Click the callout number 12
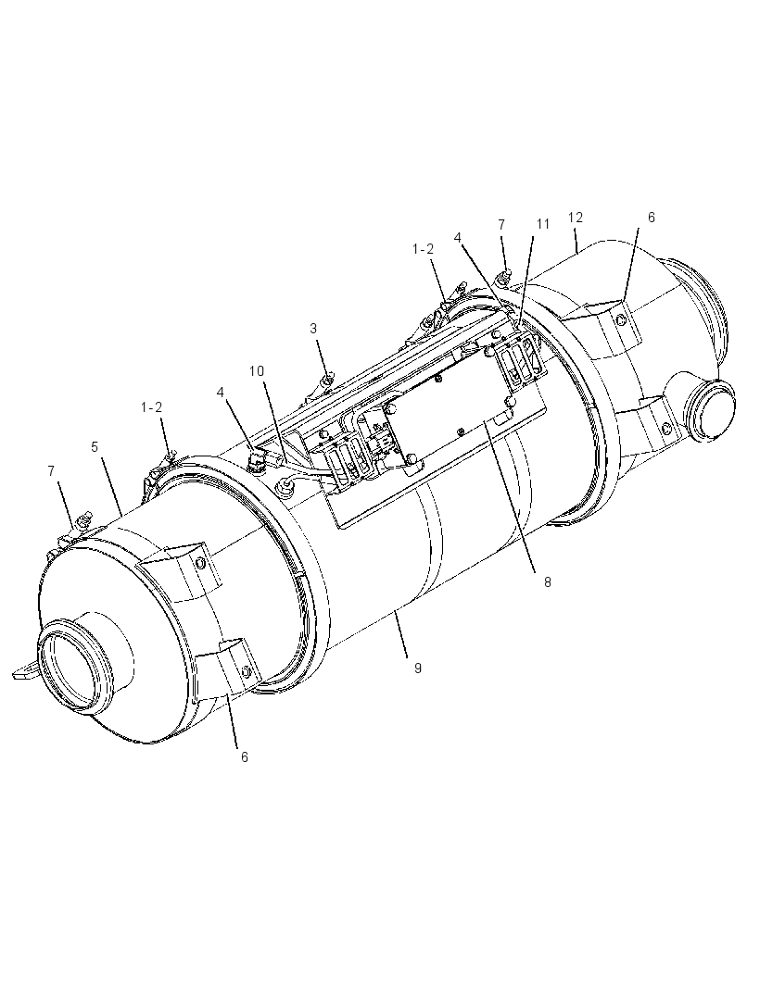575,218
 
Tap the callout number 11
543,224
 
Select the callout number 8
548,582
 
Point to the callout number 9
418,668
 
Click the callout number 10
257,370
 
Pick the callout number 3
313,328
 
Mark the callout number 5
95,447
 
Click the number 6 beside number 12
651,218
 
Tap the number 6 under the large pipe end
245,756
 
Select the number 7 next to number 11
501,224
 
